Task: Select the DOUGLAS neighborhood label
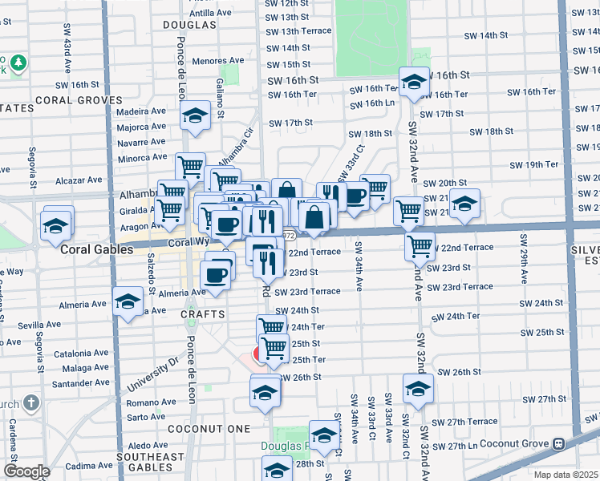189,25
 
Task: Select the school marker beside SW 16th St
414,83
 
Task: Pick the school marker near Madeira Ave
195,118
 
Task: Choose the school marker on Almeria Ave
128,303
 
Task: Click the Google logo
26,471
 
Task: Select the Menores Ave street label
218,60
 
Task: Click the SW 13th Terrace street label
299,30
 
